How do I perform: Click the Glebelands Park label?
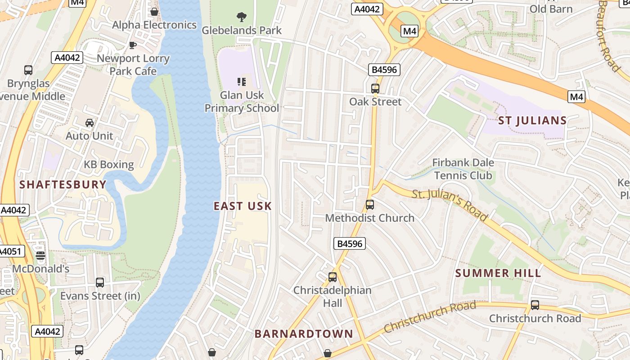tap(242, 31)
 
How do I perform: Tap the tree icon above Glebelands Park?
tap(242, 17)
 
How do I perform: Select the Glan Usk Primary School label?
tap(242, 102)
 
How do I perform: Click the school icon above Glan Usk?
tap(242, 81)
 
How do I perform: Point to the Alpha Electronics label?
tap(154, 25)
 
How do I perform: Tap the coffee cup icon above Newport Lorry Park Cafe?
tap(133, 45)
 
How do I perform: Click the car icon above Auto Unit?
tap(90, 122)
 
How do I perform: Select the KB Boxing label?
tap(109, 165)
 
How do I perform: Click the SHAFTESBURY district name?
tap(63, 184)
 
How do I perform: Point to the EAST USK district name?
tap(243, 206)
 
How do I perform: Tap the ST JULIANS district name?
tap(532, 121)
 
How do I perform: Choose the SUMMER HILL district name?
tap(498, 273)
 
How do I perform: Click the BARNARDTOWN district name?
tap(304, 334)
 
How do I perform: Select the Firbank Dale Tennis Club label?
tap(463, 169)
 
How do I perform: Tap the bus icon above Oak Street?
tap(375, 88)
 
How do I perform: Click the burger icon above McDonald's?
tap(40, 256)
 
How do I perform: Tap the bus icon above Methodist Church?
tap(370, 205)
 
